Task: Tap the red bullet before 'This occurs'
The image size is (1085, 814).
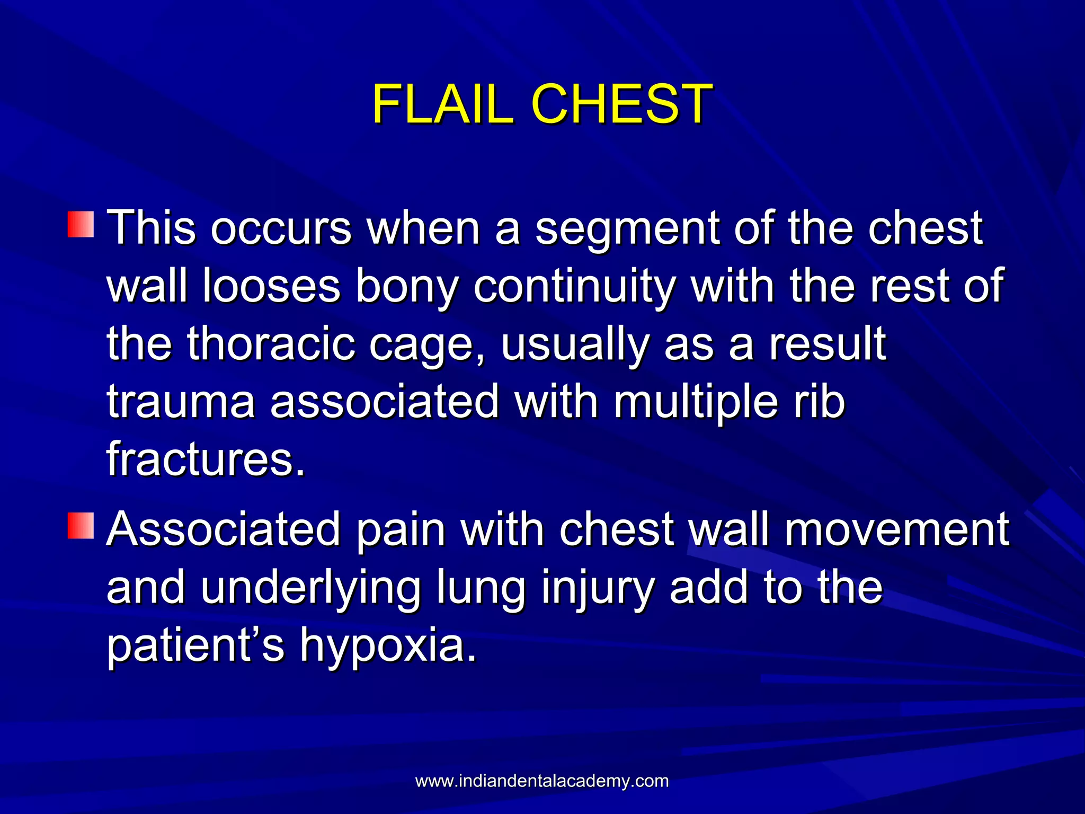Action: tap(81, 224)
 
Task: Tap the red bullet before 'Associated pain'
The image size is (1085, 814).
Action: tap(81, 525)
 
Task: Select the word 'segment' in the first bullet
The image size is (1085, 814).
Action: tap(627, 229)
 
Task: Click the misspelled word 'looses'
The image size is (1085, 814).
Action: tap(271, 286)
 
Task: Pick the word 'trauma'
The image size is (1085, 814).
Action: tap(181, 402)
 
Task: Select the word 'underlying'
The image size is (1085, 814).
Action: tap(310, 588)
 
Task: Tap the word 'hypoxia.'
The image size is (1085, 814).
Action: tap(388, 645)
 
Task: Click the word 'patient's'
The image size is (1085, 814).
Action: tap(195, 645)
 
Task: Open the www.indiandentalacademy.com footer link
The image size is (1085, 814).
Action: tap(542, 781)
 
